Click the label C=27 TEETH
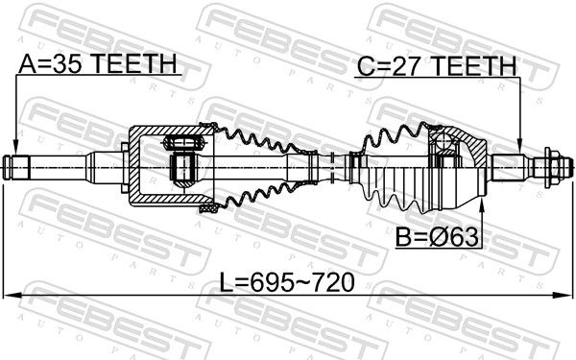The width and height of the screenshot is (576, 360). (x=437, y=66)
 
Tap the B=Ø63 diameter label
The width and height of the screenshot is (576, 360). (x=437, y=237)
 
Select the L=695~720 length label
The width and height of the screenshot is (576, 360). (x=287, y=282)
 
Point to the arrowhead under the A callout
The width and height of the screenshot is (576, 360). (x=15, y=147)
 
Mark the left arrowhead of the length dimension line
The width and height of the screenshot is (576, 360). (x=11, y=295)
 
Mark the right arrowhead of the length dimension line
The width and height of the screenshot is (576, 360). (x=564, y=295)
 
